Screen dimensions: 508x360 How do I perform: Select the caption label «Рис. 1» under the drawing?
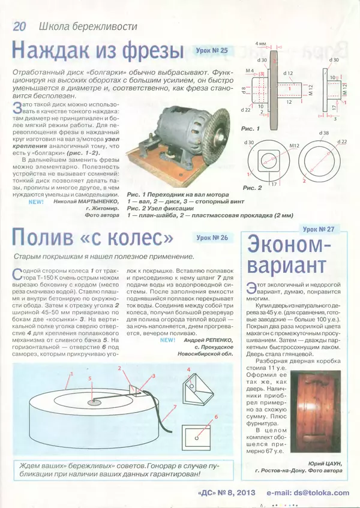[x=249, y=129]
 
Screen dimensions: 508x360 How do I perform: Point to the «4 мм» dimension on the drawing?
[x=260, y=44]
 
